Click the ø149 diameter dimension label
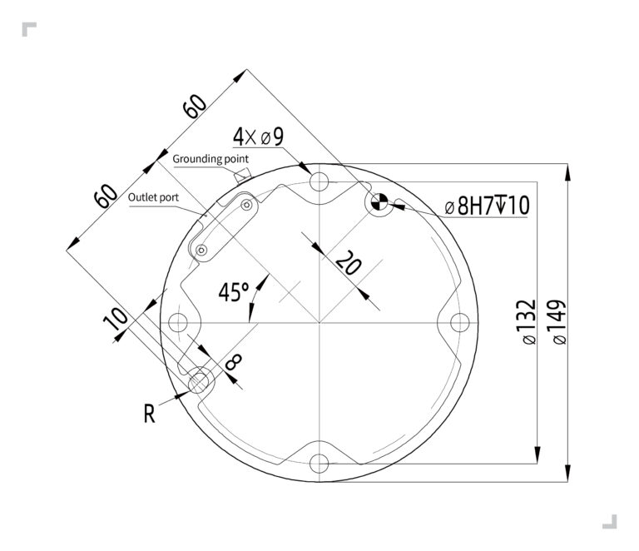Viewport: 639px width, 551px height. (x=556, y=321)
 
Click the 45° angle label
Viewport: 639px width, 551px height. (x=234, y=291)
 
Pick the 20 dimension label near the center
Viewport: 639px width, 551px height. (x=348, y=266)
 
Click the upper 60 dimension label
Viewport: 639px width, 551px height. (x=195, y=107)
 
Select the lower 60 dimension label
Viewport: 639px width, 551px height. (x=105, y=196)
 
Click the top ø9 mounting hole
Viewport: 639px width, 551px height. (x=319, y=181)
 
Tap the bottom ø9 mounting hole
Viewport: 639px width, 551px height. (x=319, y=464)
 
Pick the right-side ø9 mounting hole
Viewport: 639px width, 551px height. (x=460, y=322)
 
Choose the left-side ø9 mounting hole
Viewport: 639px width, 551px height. (x=178, y=322)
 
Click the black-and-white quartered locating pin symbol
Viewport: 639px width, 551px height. (x=379, y=201)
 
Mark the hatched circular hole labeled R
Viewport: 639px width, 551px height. (x=200, y=382)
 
